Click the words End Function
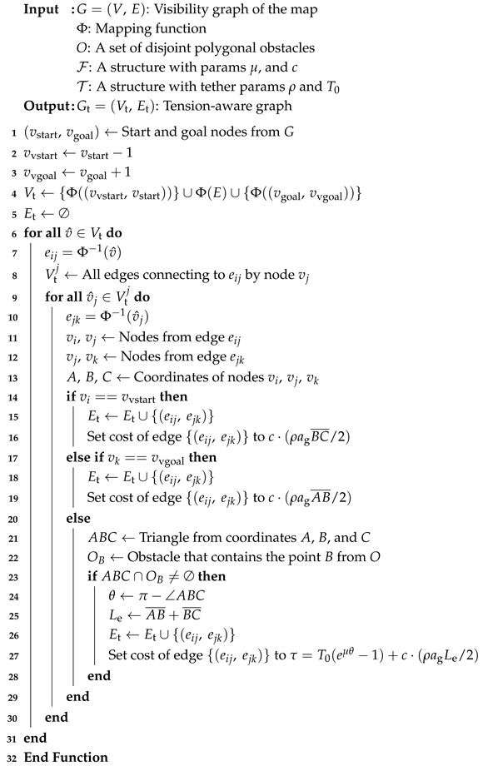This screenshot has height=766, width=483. (x=66, y=757)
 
